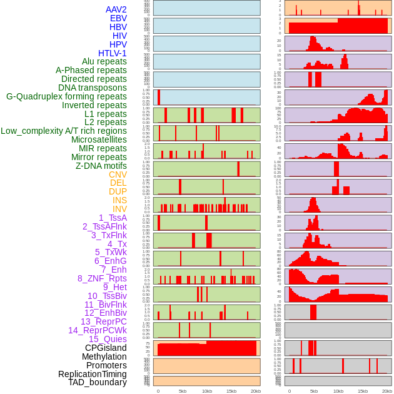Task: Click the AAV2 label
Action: (116, 9)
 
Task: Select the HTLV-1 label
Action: (113, 53)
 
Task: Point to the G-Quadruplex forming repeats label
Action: (66, 96)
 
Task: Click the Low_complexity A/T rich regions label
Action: (64, 131)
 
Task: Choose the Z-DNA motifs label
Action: (101, 166)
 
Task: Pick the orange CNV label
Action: (118, 174)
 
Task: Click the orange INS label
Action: (119, 200)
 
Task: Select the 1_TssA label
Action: (113, 218)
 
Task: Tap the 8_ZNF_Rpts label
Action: (102, 278)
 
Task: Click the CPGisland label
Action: (106, 348)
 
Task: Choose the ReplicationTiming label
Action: (93, 374)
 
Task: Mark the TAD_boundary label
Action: (98, 382)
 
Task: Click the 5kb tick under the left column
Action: (183, 391)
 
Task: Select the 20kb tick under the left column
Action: (256, 391)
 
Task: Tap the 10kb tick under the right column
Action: (338, 391)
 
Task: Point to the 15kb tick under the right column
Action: (363, 391)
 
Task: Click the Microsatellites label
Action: (99, 139)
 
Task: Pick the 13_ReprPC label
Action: (104, 321)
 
